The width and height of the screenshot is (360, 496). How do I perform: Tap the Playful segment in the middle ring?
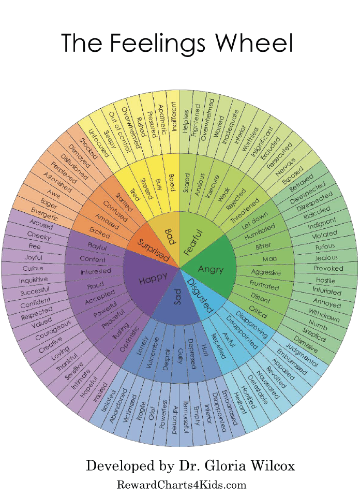point(97,245)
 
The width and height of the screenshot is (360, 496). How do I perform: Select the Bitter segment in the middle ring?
point(263,245)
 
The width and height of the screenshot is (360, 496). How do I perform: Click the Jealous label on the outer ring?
point(326,257)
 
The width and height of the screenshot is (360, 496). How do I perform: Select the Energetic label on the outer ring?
point(45,211)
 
